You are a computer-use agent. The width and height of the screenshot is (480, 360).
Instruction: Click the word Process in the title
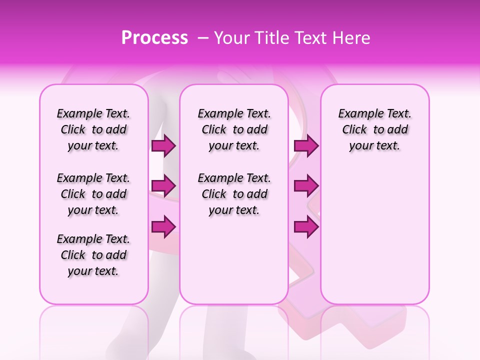[154, 38]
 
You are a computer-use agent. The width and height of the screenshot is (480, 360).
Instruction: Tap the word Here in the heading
[353, 38]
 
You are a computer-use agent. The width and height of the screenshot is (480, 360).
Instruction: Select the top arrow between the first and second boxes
[163, 146]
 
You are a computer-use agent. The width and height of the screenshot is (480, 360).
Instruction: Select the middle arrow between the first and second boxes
[163, 186]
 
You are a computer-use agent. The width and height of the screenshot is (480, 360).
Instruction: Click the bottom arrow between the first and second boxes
[163, 227]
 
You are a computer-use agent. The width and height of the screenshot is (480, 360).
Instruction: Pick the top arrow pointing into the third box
[306, 146]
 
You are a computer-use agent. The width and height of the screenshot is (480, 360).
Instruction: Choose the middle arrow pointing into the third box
[306, 186]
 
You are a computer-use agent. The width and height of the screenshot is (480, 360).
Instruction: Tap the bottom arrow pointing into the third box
[306, 227]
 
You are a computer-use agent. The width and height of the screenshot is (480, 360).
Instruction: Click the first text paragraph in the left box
[93, 129]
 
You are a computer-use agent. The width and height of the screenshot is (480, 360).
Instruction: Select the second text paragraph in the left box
[93, 194]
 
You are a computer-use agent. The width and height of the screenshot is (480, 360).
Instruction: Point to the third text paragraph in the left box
[93, 255]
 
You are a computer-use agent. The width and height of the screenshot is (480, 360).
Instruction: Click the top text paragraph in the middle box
[234, 129]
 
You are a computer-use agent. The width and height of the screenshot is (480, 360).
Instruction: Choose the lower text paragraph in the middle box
[234, 194]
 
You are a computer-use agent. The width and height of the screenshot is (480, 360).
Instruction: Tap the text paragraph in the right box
[375, 129]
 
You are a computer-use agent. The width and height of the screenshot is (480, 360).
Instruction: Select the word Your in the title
[231, 38]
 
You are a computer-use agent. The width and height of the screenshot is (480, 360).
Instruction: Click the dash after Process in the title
[203, 38]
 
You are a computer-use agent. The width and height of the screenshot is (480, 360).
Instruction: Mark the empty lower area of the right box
[375, 235]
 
